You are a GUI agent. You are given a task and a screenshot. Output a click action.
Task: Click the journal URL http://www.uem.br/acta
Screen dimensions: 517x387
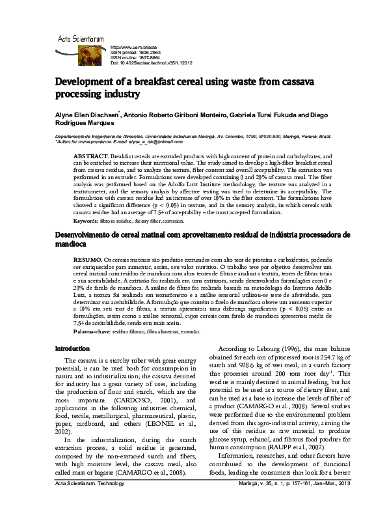[134, 48]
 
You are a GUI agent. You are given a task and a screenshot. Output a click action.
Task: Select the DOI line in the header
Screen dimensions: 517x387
[152, 63]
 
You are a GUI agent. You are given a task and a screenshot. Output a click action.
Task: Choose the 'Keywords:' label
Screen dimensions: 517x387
[87, 221]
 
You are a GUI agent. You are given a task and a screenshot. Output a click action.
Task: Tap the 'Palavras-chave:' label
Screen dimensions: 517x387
[92, 331]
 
